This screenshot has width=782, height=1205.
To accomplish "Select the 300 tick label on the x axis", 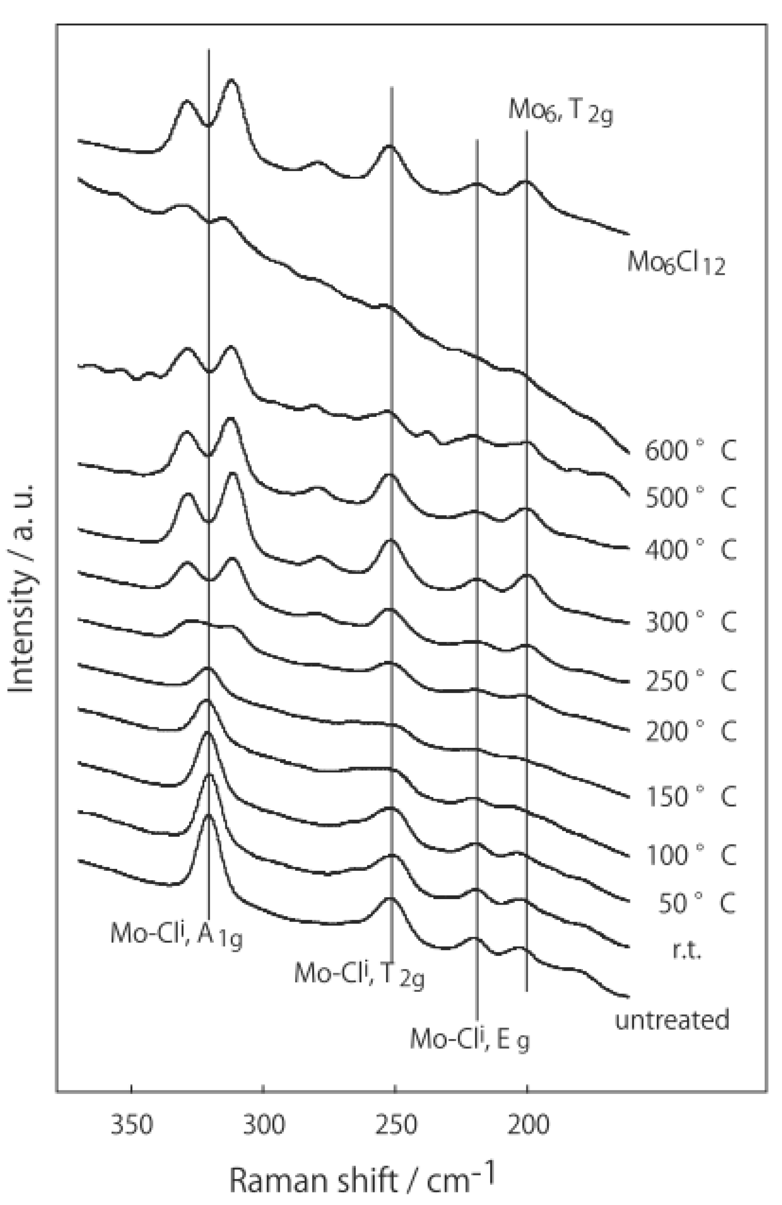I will pyautogui.click(x=263, y=1125).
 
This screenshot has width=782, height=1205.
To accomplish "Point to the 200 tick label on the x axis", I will pyautogui.click(x=527, y=1125).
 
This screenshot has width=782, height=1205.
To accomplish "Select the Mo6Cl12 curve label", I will pyautogui.click(x=675, y=263).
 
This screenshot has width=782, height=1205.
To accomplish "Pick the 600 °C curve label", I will pyautogui.click(x=689, y=450).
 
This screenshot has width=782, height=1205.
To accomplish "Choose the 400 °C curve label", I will pyautogui.click(x=689, y=549).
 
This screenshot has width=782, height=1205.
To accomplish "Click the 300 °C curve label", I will pyautogui.click(x=689, y=622).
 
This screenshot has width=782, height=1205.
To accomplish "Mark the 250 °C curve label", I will pyautogui.click(x=689, y=680).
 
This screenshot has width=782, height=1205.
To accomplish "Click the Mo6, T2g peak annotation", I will pyautogui.click(x=560, y=110).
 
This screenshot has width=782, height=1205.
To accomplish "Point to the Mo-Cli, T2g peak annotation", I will pyautogui.click(x=358, y=973).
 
